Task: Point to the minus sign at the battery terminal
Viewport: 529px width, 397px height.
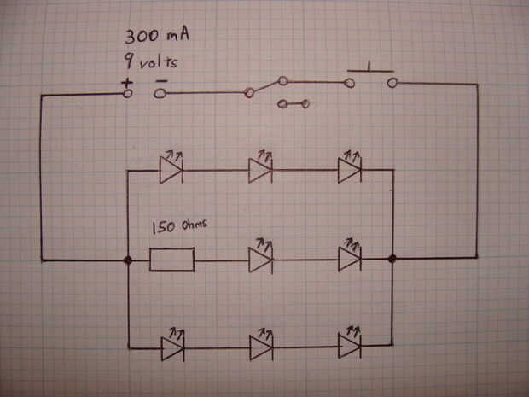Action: click(160, 82)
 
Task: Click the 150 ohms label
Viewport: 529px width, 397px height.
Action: click(180, 228)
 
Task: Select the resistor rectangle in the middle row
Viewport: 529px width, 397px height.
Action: click(172, 260)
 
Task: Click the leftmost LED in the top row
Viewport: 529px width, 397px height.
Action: click(171, 170)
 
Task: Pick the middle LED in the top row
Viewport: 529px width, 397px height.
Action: click(260, 170)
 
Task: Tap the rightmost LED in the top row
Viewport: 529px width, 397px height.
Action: click(349, 170)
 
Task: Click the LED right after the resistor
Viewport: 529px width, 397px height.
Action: click(260, 260)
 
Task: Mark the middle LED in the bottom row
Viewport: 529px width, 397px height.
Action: click(260, 347)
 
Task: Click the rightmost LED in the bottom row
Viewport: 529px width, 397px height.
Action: click(349, 347)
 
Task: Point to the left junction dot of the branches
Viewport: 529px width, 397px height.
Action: click(127, 260)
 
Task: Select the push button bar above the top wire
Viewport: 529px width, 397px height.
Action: click(369, 69)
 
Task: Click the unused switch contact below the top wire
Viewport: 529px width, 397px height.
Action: click(294, 105)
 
